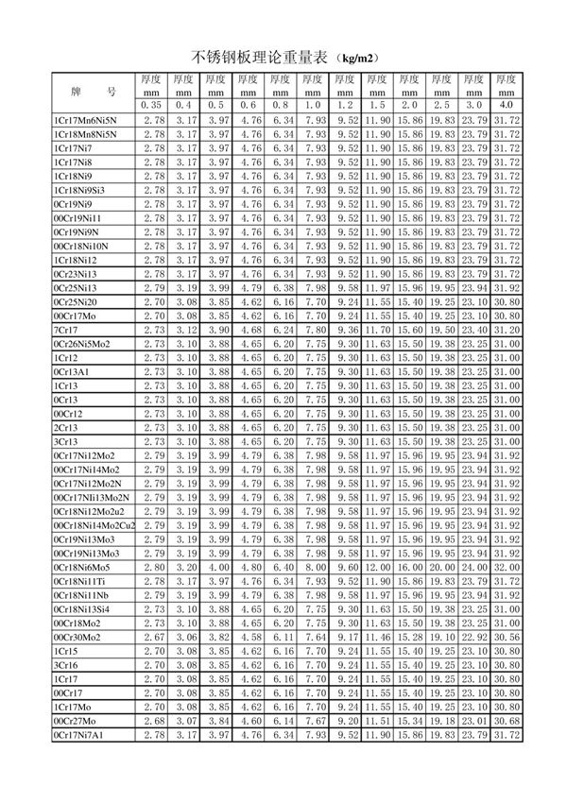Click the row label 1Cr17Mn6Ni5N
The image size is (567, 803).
(x=85, y=120)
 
